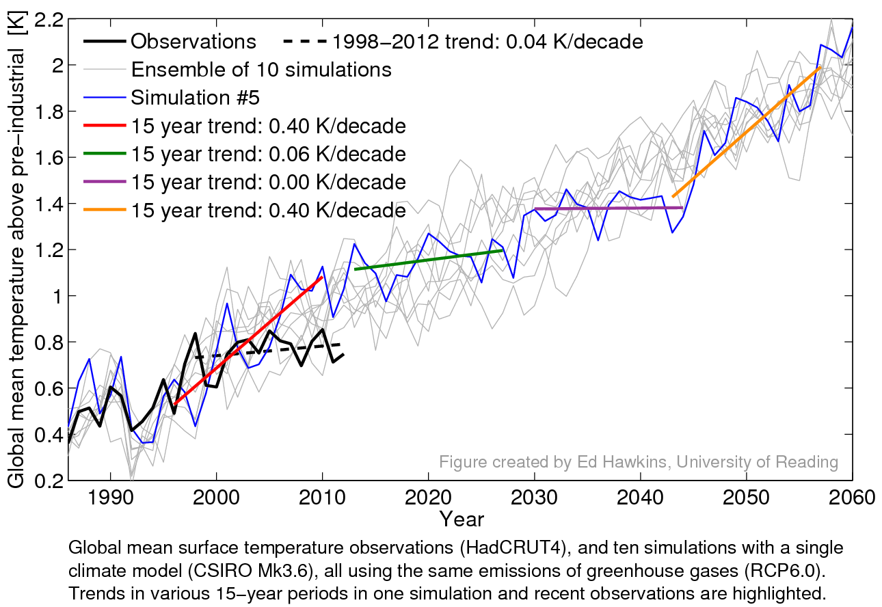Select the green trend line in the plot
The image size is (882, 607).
coord(429,260)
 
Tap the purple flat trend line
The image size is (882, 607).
coord(609,208)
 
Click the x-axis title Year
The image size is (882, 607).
coord(462,519)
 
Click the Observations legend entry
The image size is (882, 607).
coord(193,42)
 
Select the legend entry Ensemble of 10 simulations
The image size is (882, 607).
coord(261,70)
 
